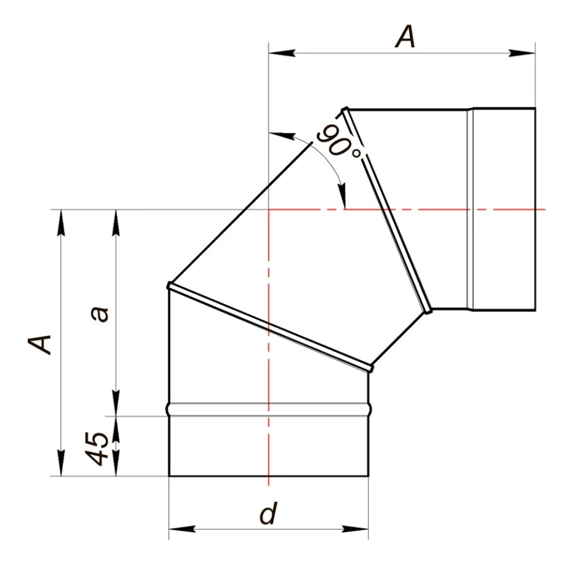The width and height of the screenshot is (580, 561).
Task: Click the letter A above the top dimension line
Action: (x=405, y=38)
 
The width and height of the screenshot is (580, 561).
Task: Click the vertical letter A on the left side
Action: (x=40, y=345)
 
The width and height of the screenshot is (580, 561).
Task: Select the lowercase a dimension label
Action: (x=100, y=314)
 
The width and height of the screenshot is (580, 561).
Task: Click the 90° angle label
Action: (x=339, y=142)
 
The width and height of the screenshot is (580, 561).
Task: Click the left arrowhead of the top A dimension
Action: (x=282, y=53)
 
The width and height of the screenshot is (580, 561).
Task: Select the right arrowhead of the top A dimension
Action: (x=522, y=53)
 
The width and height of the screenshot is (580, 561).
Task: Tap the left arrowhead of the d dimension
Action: (x=182, y=529)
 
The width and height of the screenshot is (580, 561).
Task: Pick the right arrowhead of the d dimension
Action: (x=355, y=529)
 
